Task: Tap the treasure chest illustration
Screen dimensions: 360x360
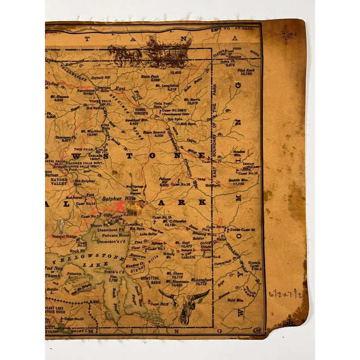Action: click(x=134, y=207)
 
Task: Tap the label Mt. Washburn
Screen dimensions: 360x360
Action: click(x=89, y=132)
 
